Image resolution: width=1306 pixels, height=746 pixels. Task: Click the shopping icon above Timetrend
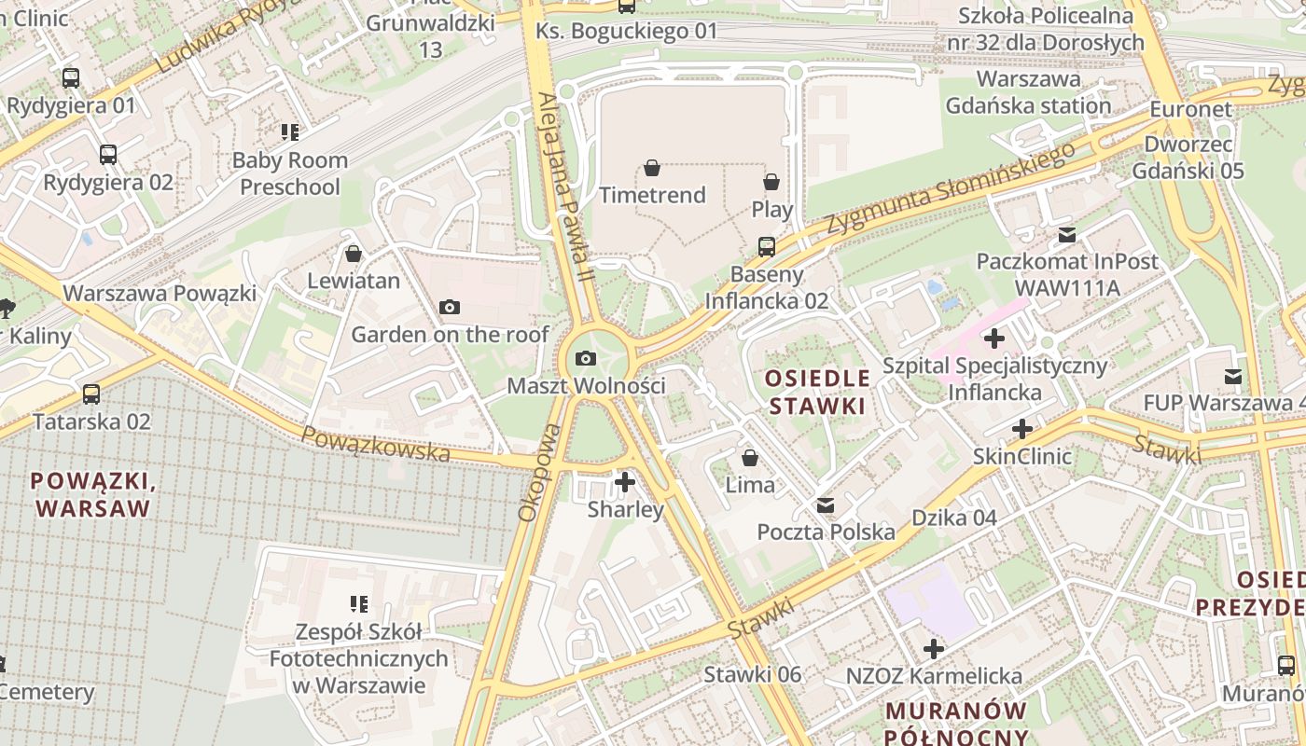pos(651,168)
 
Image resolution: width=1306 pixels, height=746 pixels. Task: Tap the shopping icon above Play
pos(771,182)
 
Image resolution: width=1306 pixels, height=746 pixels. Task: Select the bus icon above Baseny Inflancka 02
pos(766,246)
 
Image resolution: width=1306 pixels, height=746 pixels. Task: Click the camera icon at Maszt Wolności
pos(585,358)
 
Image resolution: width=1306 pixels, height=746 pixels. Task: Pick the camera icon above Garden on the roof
pos(449,307)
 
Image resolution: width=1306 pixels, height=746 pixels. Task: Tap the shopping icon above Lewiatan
pos(354,253)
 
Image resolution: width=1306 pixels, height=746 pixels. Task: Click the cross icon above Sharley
pos(625,482)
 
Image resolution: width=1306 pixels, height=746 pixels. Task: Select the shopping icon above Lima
pos(749,458)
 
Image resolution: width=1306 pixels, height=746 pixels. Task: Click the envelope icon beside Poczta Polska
pos(826,505)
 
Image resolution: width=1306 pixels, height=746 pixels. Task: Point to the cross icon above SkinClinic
pos(1022,429)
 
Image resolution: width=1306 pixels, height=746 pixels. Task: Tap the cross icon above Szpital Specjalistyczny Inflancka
pos(994,338)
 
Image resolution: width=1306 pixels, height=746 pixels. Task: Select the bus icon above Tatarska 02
pos(90,394)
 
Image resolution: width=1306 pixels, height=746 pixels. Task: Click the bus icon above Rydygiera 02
pos(108,155)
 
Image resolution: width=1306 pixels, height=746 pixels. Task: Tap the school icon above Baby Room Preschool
pos(289,132)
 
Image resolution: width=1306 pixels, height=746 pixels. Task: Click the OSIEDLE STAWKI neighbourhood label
pos(816,393)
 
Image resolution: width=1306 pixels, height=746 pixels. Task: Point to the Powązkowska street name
pos(376,443)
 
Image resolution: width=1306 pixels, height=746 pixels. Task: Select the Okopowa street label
pos(539,472)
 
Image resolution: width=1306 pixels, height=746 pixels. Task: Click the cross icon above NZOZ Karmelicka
pos(934,648)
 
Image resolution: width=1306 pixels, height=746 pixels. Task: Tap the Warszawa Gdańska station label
pos(1028,92)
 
